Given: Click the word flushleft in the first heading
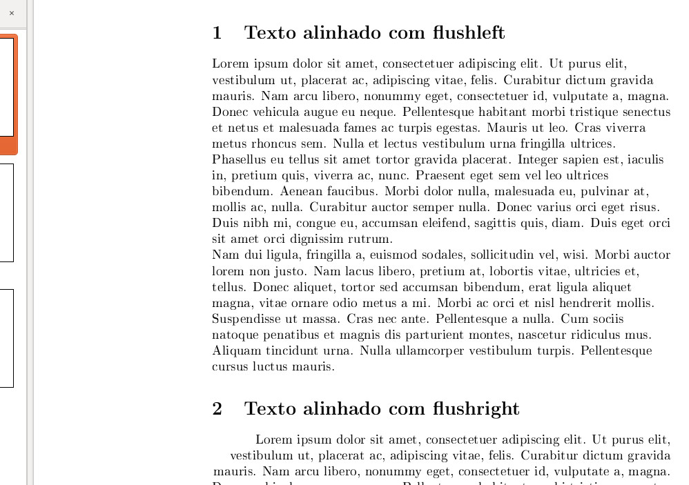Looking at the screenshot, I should point(469,32).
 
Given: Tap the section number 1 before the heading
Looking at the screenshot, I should point(217,32).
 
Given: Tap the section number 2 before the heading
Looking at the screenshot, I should point(217,408).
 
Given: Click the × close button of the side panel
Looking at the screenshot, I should point(11,13).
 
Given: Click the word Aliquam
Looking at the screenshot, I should point(235,350).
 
